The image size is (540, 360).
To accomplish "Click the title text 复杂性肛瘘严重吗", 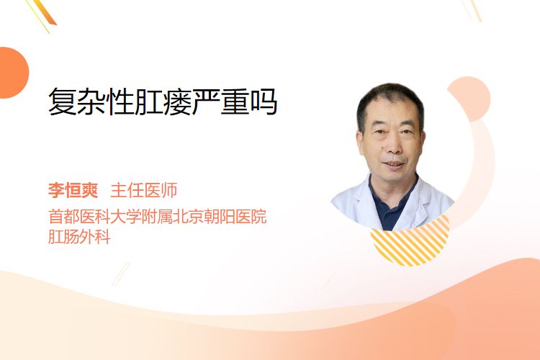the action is (x=163, y=102).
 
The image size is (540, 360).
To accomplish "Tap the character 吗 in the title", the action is (x=264, y=102).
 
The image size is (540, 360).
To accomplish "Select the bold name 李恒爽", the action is (x=73, y=190).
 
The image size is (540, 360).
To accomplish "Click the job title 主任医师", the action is (x=144, y=190).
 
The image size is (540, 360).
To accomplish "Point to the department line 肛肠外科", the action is (x=79, y=237).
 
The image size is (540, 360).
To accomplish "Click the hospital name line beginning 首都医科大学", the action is (x=158, y=216).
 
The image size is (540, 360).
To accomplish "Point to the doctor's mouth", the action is (x=394, y=165).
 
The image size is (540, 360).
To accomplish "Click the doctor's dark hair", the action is (x=390, y=98).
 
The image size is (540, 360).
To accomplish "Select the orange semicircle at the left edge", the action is (x=13, y=73).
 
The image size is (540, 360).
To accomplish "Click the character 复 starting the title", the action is (x=63, y=102).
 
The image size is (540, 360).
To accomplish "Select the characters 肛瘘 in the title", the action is (x=163, y=102).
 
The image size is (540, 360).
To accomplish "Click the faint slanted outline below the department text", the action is (x=121, y=274).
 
